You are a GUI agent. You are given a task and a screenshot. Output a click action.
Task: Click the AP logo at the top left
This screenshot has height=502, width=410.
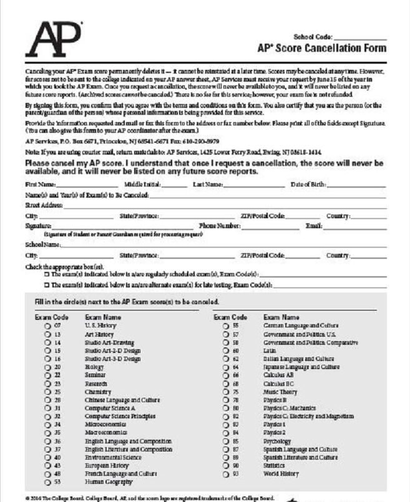coord(54,37)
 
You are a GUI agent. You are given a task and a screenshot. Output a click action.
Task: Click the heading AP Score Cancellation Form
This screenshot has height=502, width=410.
coord(321,48)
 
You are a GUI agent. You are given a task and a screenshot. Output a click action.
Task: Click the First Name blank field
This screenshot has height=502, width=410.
coord(87,185)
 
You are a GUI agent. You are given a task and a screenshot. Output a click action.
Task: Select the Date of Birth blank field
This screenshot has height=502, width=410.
coord(356,185)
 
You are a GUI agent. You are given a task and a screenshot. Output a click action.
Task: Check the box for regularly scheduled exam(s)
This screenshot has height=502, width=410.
coord(47,274)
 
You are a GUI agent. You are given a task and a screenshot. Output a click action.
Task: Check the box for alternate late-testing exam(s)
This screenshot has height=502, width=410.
coord(47,285)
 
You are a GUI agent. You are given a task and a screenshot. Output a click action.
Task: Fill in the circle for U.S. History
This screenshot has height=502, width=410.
coord(47,326)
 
